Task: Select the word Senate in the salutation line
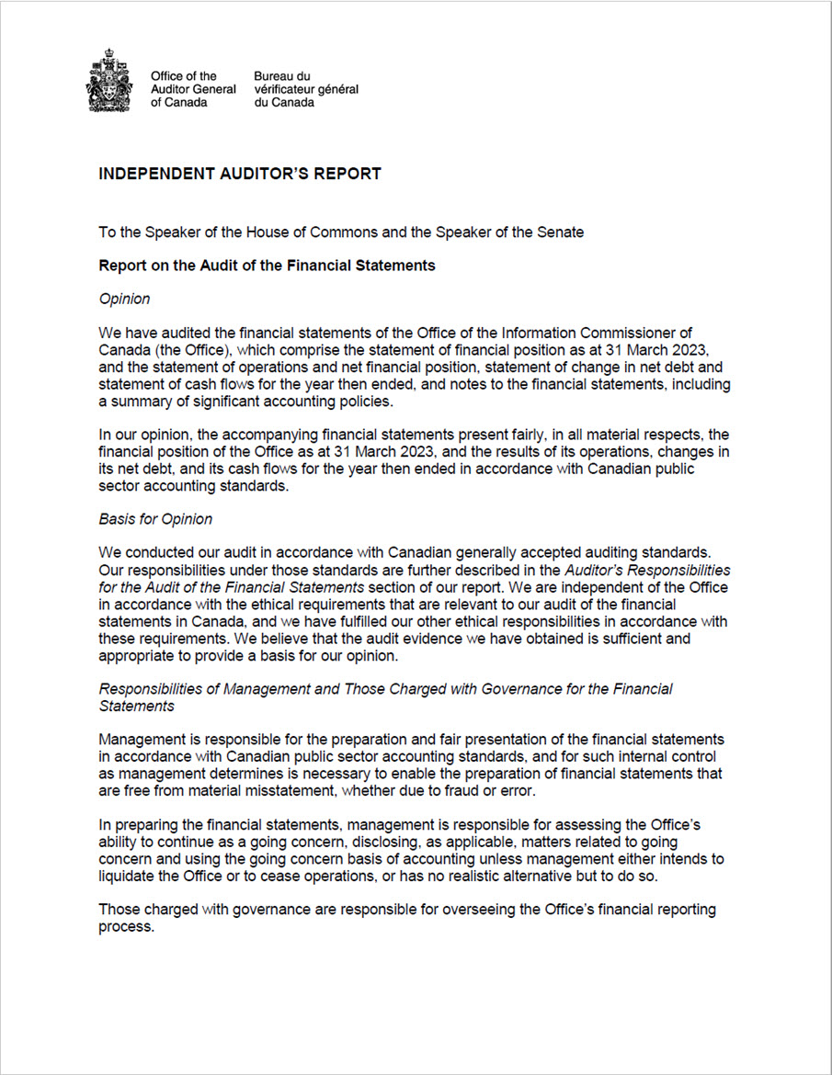coord(560,232)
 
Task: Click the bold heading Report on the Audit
coord(267,266)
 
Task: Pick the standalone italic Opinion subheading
coord(124,299)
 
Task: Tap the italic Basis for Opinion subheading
coord(155,519)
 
